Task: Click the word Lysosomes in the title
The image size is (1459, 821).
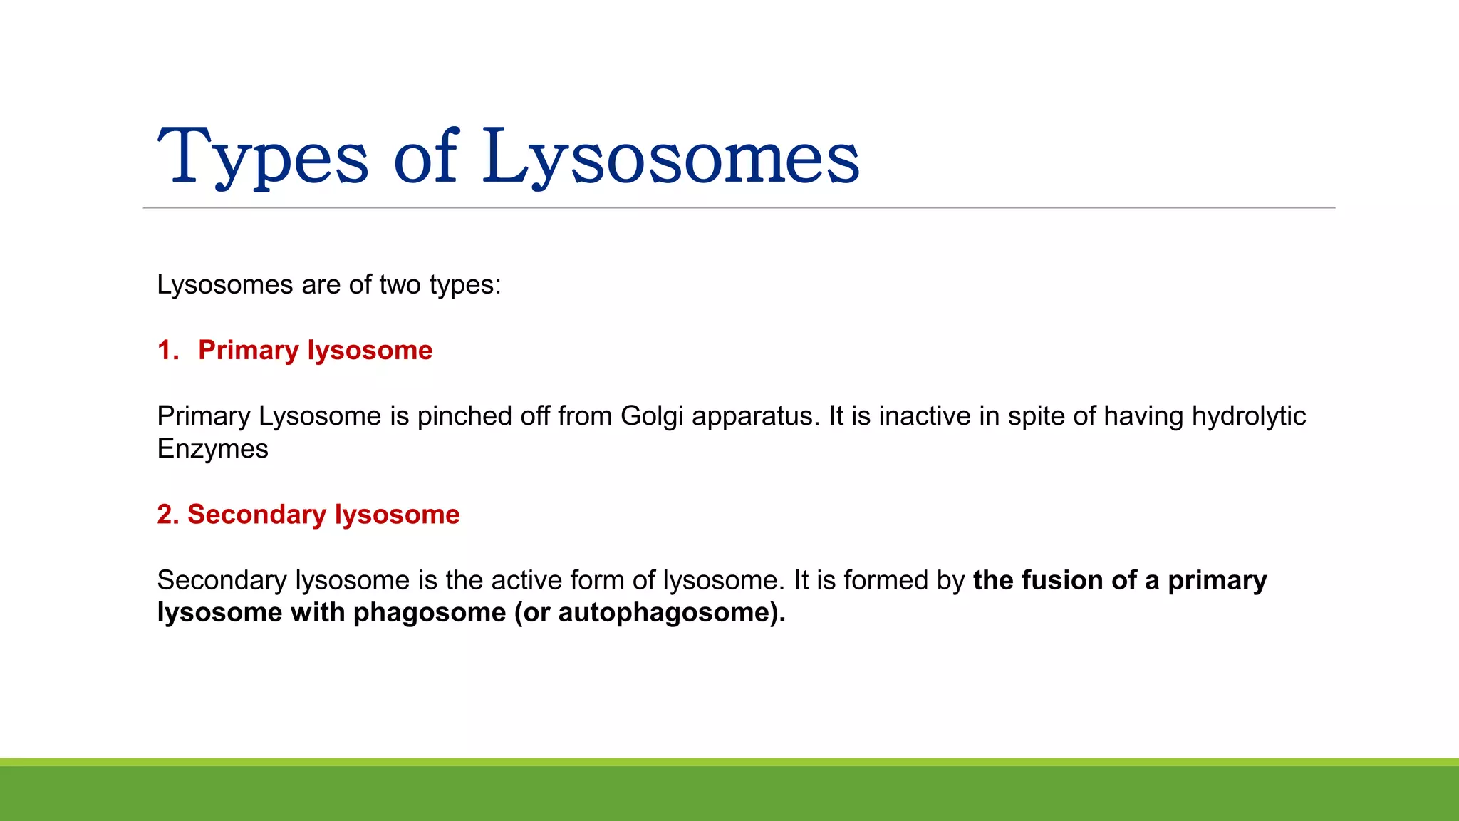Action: (670, 157)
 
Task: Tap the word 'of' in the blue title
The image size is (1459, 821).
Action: (425, 157)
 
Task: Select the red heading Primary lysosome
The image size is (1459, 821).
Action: (315, 351)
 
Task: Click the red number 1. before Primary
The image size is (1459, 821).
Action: (168, 351)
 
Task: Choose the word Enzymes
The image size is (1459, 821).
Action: (212, 449)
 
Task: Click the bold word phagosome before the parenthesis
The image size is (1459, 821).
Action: (430, 613)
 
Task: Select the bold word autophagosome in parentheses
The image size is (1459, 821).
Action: (667, 613)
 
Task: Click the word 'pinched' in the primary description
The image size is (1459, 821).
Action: (464, 416)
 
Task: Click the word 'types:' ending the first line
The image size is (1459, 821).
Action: (465, 285)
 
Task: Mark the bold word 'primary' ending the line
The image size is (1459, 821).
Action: (1217, 580)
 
